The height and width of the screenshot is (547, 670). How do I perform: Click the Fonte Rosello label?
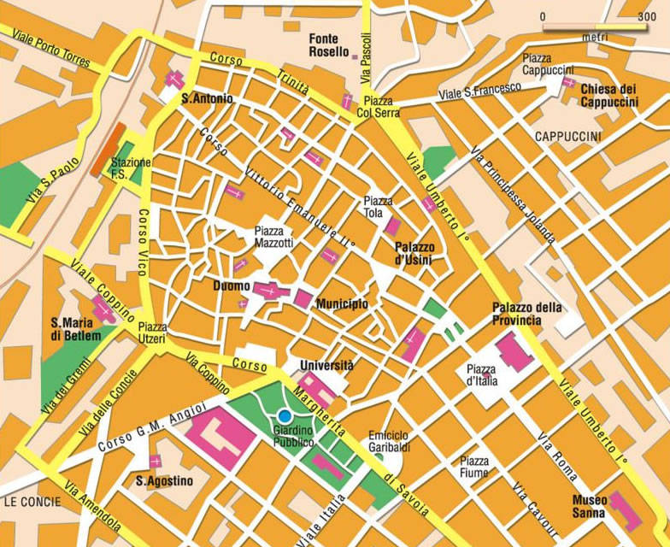click(324, 45)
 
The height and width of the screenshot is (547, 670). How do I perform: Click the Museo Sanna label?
click(590, 505)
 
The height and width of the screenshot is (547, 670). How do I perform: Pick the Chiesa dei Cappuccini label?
click(608, 95)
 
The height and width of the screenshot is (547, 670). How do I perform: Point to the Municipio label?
click(342, 304)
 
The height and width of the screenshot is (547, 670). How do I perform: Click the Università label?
click(326, 365)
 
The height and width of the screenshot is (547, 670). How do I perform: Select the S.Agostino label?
click(164, 481)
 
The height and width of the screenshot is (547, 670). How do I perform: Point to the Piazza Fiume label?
click(474, 466)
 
